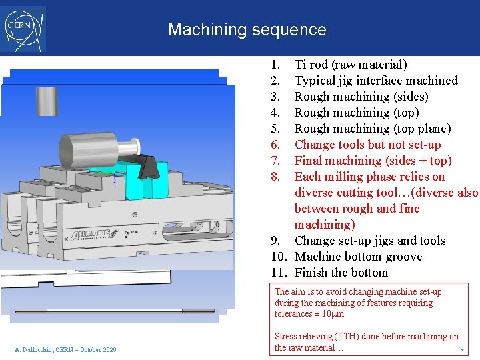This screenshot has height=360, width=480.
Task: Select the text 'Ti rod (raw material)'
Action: [x=351, y=65]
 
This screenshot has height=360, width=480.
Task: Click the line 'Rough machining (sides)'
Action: [x=361, y=97]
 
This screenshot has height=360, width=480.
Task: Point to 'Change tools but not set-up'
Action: [x=367, y=145]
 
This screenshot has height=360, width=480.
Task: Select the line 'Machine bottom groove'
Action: [x=358, y=257]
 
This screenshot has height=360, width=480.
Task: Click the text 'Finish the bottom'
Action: [x=341, y=273]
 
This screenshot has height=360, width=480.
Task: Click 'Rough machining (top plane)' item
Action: [x=373, y=129]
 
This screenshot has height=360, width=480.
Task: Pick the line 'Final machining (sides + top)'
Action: [x=373, y=161]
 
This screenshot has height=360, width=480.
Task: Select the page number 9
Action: [x=461, y=350]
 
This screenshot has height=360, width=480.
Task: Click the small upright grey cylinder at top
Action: [x=47, y=101]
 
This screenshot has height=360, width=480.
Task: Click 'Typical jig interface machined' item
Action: [x=376, y=81]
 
